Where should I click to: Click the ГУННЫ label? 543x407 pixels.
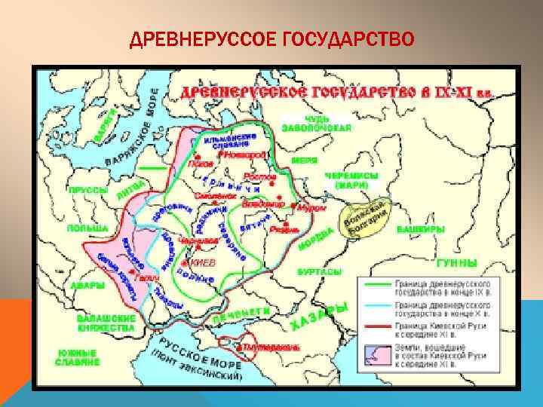tap(457, 264)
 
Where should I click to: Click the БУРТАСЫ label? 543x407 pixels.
tap(316, 270)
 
